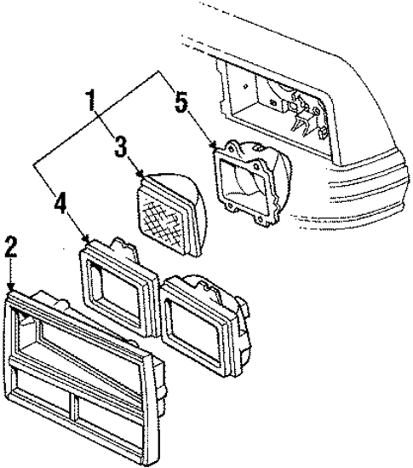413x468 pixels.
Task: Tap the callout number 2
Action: [x=10, y=249]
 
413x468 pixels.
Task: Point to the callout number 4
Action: [x=61, y=205]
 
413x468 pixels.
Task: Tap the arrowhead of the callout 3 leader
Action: [x=140, y=175]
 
